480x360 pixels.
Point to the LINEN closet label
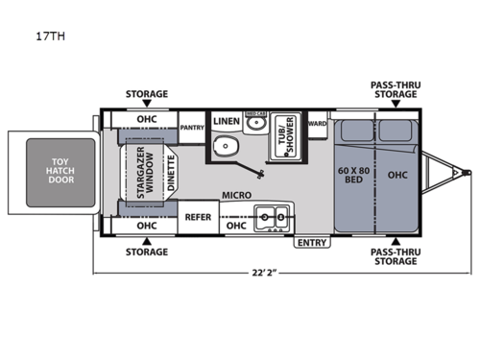227,122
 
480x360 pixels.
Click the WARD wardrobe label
318,123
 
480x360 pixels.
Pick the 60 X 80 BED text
351,175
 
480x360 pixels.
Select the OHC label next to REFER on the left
146,226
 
